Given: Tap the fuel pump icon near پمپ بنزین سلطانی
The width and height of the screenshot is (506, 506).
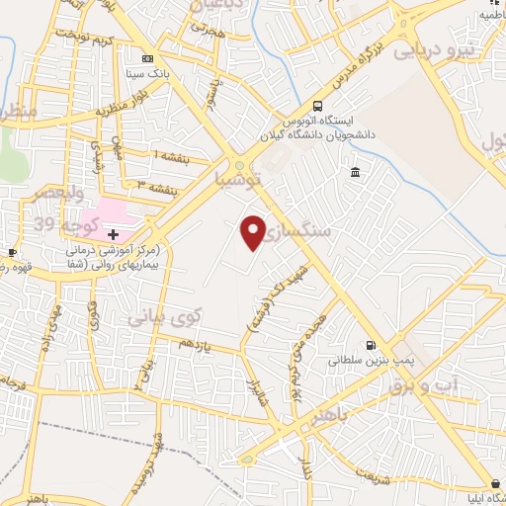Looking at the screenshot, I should (x=370, y=346).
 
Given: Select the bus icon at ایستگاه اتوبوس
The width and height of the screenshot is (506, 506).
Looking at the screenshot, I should (x=316, y=106).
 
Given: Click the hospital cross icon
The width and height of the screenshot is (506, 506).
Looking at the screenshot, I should (x=114, y=234).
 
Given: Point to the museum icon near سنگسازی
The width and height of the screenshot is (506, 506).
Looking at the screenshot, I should (x=354, y=174).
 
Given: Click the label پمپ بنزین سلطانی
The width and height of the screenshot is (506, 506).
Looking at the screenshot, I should (x=373, y=361).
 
